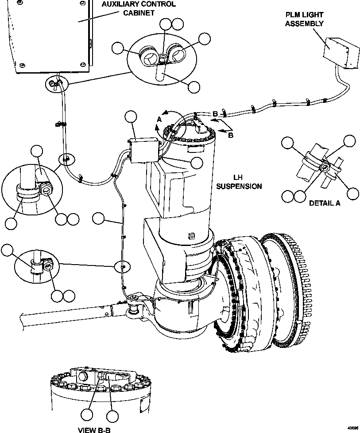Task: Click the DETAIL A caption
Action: (x=324, y=203)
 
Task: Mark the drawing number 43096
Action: (x=352, y=429)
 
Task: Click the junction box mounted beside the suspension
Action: (x=144, y=150)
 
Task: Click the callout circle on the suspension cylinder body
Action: (x=197, y=163)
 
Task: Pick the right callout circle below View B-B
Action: (x=113, y=416)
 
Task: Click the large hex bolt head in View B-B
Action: (x=84, y=378)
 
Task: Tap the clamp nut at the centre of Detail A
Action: (x=325, y=168)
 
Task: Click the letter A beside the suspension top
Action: (x=159, y=119)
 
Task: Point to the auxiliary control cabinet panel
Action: (x=49, y=35)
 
